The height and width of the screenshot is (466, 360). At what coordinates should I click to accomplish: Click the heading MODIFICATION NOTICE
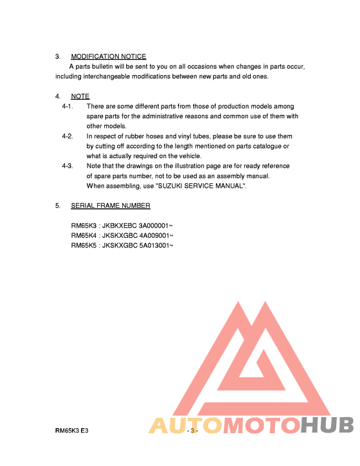[x=108, y=57]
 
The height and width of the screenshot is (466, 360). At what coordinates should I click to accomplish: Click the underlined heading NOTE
[x=80, y=96]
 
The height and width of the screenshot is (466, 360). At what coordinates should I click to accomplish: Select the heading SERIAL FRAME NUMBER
[x=111, y=206]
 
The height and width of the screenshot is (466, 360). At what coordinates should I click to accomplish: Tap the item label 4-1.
[x=67, y=106]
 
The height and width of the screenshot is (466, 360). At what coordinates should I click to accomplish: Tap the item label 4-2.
[x=67, y=136]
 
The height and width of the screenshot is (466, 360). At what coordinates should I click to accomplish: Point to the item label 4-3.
[x=67, y=166]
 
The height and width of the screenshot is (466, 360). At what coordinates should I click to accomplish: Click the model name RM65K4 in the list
[x=84, y=235]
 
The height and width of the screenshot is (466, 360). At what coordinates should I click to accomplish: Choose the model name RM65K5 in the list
[x=84, y=245]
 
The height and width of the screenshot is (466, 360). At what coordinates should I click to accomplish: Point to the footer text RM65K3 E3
[x=71, y=430]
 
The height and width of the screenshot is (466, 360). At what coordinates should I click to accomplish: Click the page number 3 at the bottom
[x=192, y=430]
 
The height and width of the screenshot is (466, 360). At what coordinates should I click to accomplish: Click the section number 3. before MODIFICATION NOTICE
[x=58, y=57]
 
